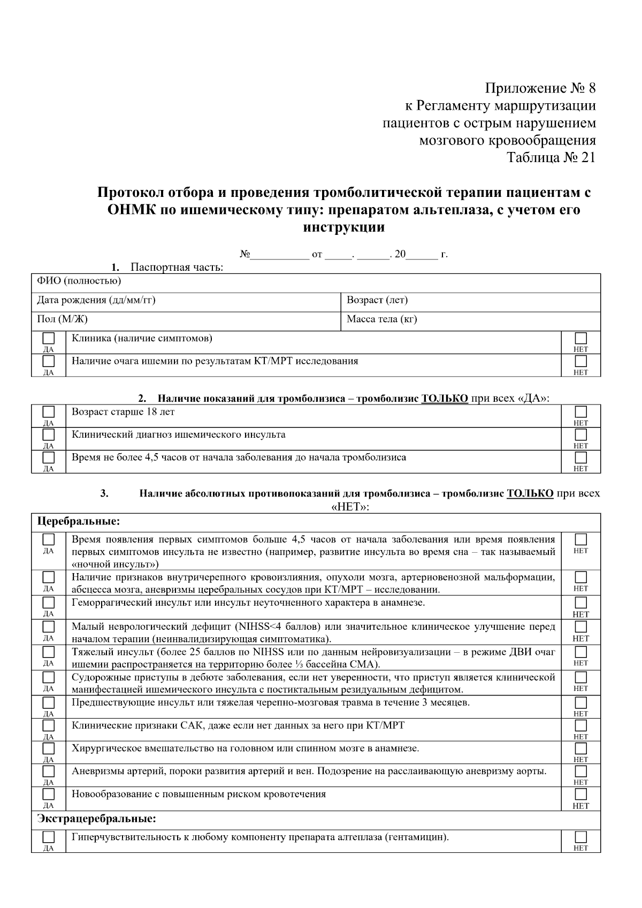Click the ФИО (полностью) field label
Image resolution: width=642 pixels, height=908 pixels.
[79, 281]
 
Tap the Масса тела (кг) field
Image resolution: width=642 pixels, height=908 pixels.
[381, 319]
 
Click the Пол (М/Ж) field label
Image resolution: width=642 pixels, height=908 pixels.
[62, 319]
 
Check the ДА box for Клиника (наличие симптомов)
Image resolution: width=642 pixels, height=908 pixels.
[49, 339]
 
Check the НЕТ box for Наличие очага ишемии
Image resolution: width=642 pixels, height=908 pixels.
[580, 361]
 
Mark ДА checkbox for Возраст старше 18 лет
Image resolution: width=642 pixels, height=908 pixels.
[49, 412]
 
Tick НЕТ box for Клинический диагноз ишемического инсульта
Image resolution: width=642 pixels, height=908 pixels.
[580, 434]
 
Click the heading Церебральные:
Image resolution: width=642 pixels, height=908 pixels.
[78, 521]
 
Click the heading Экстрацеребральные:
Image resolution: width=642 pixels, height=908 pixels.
[96, 819]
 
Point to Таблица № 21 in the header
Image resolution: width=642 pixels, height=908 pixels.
[551, 158]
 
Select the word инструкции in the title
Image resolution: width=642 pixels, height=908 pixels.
[344, 227]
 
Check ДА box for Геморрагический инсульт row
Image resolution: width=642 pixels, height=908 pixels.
[49, 603]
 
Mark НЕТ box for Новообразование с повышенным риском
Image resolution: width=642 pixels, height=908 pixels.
[580, 795]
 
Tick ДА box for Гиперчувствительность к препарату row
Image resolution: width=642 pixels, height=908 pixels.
[49, 837]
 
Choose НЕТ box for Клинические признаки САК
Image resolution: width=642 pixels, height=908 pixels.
[580, 726]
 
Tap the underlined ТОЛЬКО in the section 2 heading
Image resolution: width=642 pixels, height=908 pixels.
[445, 398]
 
